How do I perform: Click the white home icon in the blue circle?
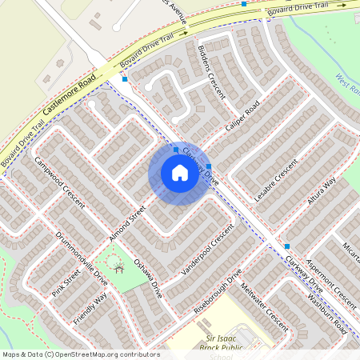(x=179, y=173)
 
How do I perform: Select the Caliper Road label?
(x=243, y=116)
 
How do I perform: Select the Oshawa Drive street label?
(x=148, y=278)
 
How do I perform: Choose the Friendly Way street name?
(x=90, y=310)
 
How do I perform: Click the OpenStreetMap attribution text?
(x=81, y=354)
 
